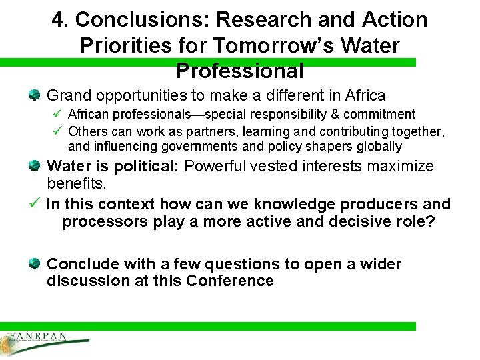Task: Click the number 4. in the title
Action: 61,20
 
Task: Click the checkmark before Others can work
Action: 57,130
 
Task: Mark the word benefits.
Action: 77,183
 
